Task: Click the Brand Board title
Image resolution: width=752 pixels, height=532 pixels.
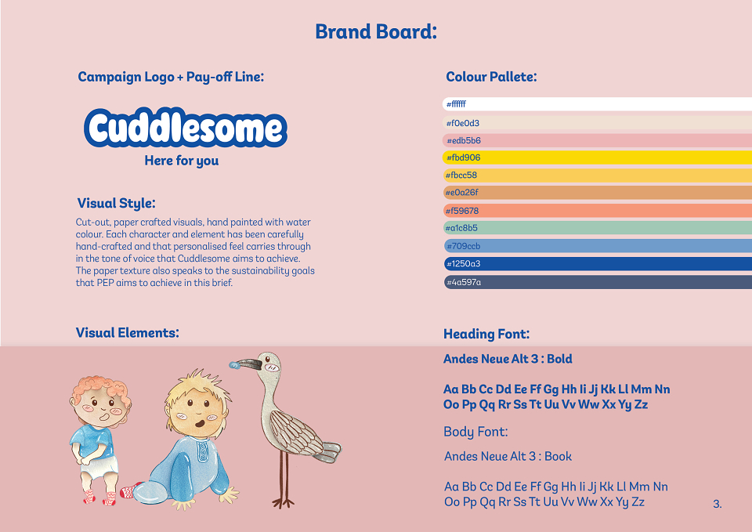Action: pos(376,31)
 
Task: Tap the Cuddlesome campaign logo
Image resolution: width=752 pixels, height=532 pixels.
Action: pos(186,128)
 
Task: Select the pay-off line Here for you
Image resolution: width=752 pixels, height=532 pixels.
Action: pos(181,161)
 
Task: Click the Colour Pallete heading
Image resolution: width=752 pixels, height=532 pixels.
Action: pos(491,77)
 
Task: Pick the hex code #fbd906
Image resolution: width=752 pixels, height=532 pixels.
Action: pos(463,157)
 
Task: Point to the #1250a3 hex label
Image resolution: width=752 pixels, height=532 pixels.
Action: pos(463,263)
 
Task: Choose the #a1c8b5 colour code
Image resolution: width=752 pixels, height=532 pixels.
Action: pos(461,228)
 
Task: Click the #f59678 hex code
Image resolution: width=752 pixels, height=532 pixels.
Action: pos(462,211)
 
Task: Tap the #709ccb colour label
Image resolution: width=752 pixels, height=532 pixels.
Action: pos(463,246)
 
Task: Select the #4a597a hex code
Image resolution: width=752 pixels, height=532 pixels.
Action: pos(464,282)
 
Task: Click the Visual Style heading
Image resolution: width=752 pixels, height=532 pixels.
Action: pos(116,204)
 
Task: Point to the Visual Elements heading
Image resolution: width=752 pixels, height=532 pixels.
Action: pos(127,332)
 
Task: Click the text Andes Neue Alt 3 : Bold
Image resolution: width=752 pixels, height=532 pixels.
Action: pos(508,359)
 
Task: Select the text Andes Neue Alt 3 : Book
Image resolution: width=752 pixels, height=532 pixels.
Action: pos(508,456)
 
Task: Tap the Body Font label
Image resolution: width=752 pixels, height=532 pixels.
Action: pos(475,432)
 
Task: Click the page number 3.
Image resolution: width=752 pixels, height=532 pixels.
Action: pos(717,504)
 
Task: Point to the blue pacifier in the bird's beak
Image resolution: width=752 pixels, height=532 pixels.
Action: pos(234,366)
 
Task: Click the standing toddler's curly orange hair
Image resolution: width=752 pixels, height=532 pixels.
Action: pos(99,387)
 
